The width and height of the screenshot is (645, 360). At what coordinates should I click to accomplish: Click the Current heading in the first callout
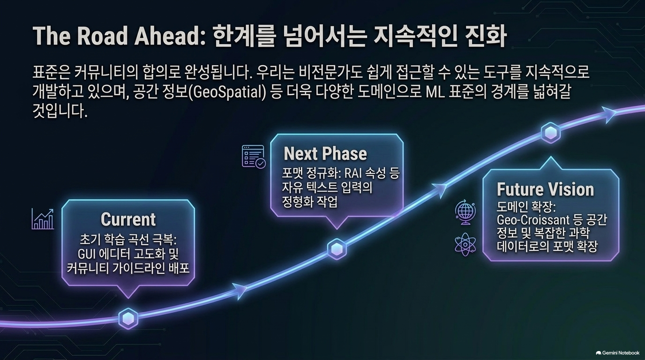pos(128,219)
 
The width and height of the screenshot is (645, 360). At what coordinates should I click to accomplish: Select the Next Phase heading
pos(325,153)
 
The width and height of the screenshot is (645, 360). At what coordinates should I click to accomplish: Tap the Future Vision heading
pos(545,189)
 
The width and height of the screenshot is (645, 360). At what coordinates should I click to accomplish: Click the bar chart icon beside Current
pos(43,219)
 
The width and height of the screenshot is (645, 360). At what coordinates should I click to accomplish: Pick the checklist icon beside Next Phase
pos(254,157)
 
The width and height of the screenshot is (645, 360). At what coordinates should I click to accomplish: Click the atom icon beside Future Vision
pos(465,245)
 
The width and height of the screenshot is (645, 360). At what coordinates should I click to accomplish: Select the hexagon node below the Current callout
pos(128,319)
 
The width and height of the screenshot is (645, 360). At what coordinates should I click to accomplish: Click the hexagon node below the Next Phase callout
pos(337,249)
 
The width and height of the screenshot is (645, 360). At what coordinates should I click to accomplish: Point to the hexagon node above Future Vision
pos(551,133)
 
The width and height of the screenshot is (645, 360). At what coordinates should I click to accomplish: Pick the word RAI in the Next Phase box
pos(352,173)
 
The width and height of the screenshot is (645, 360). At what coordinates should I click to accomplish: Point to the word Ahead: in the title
pos(170,37)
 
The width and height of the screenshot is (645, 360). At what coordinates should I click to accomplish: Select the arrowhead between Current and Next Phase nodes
pos(239,291)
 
